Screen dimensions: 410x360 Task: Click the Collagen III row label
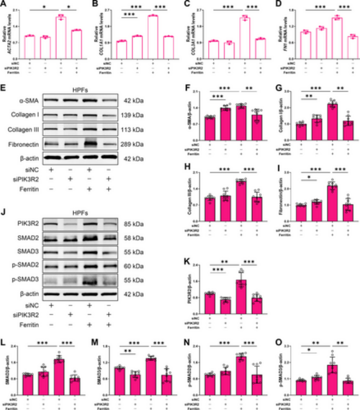tap(22, 130)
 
